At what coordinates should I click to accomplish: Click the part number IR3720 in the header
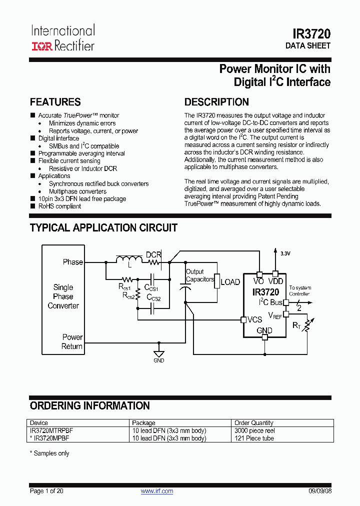pos(311,34)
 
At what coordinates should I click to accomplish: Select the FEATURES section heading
pos(55,102)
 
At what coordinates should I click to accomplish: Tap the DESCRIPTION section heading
pos(216,102)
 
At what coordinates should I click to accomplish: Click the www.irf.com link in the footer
pos(157,491)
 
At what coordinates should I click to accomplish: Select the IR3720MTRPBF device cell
pos(50,430)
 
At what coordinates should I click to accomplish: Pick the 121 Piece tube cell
pos(254,438)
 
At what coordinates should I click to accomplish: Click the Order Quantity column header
pos(254,423)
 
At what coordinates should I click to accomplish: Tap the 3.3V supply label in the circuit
pos(285,253)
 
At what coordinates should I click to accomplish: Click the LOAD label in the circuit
pos(230,282)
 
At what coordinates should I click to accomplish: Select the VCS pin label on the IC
pos(254,319)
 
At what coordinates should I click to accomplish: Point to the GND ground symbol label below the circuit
pos(158,360)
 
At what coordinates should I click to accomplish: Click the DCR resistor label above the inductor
pos(153,254)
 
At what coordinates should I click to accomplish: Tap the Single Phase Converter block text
pos(63,296)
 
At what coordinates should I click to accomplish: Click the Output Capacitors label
pos(199,275)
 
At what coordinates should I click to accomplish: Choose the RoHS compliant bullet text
pos(59,206)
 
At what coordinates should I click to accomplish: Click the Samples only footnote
pos(49,453)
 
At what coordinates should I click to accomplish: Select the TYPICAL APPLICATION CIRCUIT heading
pos(103,228)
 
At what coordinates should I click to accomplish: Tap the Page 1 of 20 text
pos(46,491)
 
